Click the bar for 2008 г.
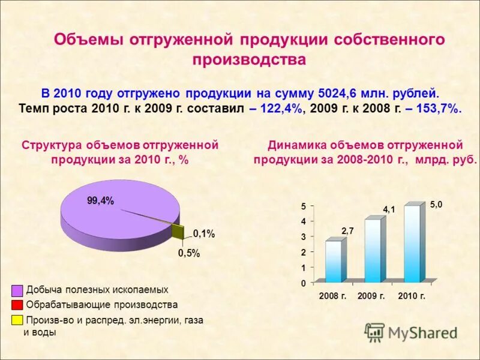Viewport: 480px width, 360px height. [x=334, y=261]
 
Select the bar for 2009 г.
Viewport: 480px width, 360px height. [x=373, y=250]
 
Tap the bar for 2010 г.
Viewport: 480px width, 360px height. [x=412, y=244]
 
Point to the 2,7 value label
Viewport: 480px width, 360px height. [x=348, y=230]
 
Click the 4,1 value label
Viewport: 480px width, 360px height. [x=389, y=209]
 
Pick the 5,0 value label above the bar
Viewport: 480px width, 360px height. [x=436, y=205]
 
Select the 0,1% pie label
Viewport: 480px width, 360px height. [x=203, y=233]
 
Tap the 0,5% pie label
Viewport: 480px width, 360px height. [x=188, y=253]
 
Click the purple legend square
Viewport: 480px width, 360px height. [x=17, y=290]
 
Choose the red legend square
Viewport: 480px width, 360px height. [x=17, y=305]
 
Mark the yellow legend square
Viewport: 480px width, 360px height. [x=17, y=320]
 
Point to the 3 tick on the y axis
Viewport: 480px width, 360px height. [x=304, y=237]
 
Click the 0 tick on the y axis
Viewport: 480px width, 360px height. [x=304, y=283]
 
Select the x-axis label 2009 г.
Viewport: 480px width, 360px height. [x=371, y=296]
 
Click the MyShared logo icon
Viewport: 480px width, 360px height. [x=374, y=332]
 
